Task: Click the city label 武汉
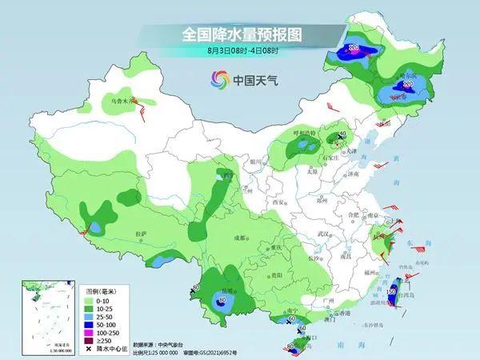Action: pos(323,233)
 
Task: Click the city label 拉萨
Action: pos(142,234)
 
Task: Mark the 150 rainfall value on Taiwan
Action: pos(392,292)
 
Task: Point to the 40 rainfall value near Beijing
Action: pos(342,134)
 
